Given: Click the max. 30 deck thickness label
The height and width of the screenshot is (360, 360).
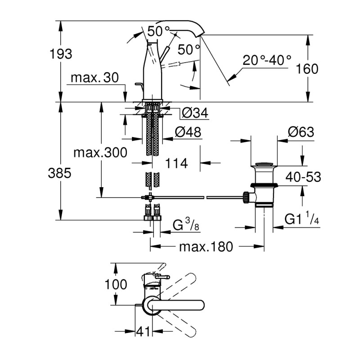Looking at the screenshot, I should (94, 78).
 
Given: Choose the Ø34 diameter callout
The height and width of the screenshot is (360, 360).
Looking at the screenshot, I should (195, 114).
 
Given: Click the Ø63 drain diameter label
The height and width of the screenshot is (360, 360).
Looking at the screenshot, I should (301, 132).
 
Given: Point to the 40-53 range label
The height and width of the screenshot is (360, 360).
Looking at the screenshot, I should (304, 177).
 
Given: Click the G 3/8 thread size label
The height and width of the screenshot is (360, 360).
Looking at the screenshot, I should (185, 225).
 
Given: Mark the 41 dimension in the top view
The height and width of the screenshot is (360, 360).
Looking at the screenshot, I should (143, 332).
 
